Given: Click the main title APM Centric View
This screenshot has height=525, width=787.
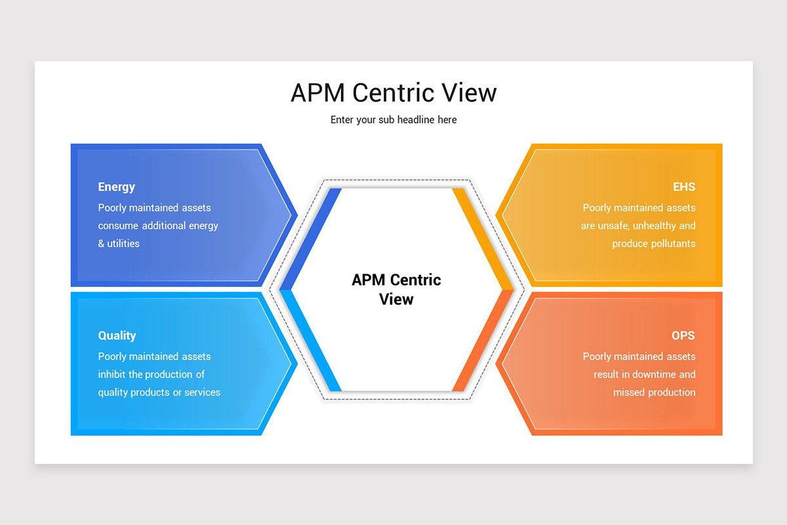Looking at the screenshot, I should (x=393, y=93).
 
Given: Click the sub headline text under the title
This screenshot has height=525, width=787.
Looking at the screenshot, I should (x=393, y=120).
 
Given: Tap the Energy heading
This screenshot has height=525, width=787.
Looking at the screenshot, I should (x=117, y=187).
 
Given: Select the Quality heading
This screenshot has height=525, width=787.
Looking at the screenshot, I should (x=117, y=335).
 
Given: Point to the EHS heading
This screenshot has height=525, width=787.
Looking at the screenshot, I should (x=683, y=187).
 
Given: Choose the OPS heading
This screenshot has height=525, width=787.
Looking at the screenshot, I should (x=683, y=335).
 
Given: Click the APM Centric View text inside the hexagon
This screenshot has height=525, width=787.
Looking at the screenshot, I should (x=396, y=289).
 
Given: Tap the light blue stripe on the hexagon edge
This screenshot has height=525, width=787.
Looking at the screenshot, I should (x=310, y=340).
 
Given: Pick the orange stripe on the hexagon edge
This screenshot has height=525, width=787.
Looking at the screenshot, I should (x=483, y=340).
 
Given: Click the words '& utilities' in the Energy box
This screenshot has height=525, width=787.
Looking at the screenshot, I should (x=119, y=243).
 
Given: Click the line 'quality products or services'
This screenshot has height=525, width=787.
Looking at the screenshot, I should (x=159, y=392).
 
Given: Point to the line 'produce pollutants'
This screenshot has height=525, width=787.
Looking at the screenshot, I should (x=653, y=243).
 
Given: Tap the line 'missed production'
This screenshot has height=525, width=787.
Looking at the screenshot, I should (x=654, y=392).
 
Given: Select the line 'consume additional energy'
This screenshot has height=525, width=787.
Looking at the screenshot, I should (x=158, y=226).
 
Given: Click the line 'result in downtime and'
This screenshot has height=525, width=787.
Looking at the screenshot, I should (x=644, y=375).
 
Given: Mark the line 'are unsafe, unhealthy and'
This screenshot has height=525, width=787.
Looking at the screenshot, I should (x=637, y=226).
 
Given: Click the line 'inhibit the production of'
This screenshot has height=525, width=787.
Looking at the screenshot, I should (x=151, y=375).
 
